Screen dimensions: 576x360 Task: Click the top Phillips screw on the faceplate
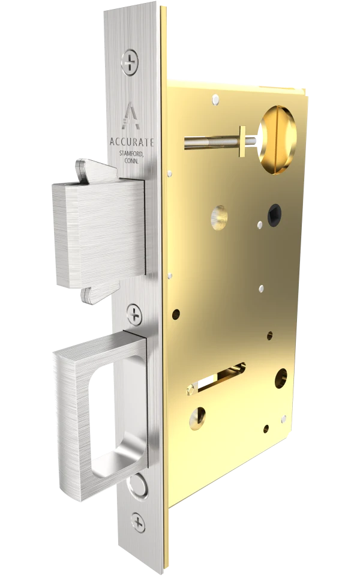click(x=130, y=61)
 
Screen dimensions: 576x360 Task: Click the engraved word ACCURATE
click(x=132, y=142)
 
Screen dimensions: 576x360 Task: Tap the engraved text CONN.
click(x=134, y=162)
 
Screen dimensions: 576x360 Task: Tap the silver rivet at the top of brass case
click(x=214, y=95)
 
